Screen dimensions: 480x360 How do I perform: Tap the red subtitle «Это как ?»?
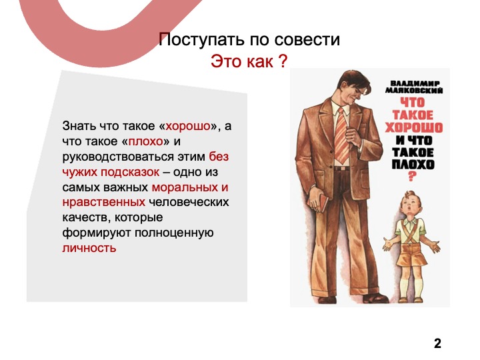[x=249, y=61]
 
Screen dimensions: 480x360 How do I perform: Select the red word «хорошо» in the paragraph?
[x=188, y=126]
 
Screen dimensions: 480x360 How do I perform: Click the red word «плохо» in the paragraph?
[x=146, y=141]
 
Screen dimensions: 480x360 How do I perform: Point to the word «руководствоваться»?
[x=119, y=157]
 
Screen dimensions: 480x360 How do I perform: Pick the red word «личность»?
[x=89, y=248]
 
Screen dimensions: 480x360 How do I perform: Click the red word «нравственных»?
[x=104, y=203]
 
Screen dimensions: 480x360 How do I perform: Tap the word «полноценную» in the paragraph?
[x=174, y=233]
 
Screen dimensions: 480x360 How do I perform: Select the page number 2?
[x=437, y=343]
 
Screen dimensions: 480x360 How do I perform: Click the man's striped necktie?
[x=341, y=135]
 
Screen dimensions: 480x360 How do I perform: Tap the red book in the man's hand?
[x=323, y=203]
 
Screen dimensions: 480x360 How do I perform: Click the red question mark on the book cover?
[x=412, y=177]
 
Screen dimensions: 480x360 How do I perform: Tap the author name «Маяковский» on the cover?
[x=414, y=91]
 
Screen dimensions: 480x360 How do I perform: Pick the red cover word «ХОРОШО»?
[x=413, y=127]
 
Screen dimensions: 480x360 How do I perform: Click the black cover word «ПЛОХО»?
[x=413, y=165]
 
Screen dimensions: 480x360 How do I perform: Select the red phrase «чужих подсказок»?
[x=111, y=172]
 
